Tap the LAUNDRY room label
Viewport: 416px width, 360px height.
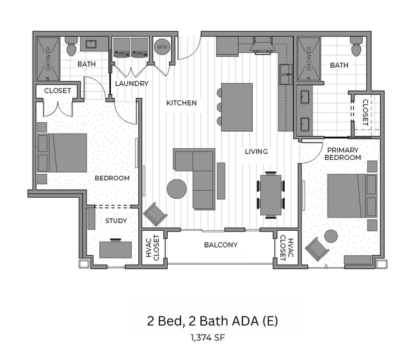[x=132, y=84]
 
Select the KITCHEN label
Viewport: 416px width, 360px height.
[x=182, y=103]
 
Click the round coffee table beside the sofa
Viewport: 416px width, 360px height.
[x=177, y=189]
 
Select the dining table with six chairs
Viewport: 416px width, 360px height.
[x=271, y=194]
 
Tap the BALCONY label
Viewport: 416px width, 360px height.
[x=221, y=245]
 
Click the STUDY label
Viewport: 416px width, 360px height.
[x=116, y=221]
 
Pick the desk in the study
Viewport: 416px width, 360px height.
[x=115, y=249]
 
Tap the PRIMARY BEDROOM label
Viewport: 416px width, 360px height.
[x=344, y=153]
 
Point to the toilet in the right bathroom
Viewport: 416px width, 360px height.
[x=356, y=47]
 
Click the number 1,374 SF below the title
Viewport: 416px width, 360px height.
[x=208, y=337]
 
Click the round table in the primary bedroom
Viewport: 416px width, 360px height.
[x=331, y=236]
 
